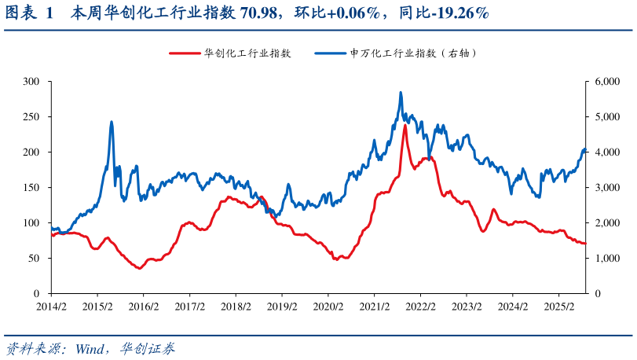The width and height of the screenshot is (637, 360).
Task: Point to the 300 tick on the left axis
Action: pyautogui.click(x=31, y=82)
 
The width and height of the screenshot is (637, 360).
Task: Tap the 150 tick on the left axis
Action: pyautogui.click(x=31, y=188)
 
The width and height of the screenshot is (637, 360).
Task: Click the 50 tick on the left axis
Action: pyautogui.click(x=34, y=259)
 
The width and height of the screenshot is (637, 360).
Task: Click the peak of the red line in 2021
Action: pyautogui.click(x=405, y=125)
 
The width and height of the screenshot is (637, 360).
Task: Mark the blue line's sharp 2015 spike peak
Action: pyautogui.click(x=112, y=122)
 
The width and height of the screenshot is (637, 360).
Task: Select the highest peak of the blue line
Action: pyautogui.click(x=401, y=93)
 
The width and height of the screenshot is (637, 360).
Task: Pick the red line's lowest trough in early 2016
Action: pyautogui.click(x=140, y=269)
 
